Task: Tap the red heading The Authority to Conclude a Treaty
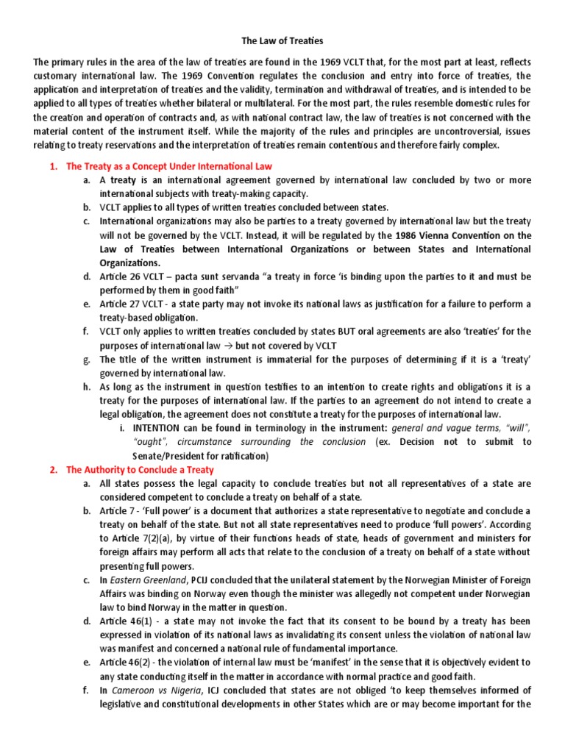(x=140, y=469)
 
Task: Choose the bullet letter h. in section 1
(x=87, y=387)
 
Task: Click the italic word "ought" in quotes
(x=149, y=442)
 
